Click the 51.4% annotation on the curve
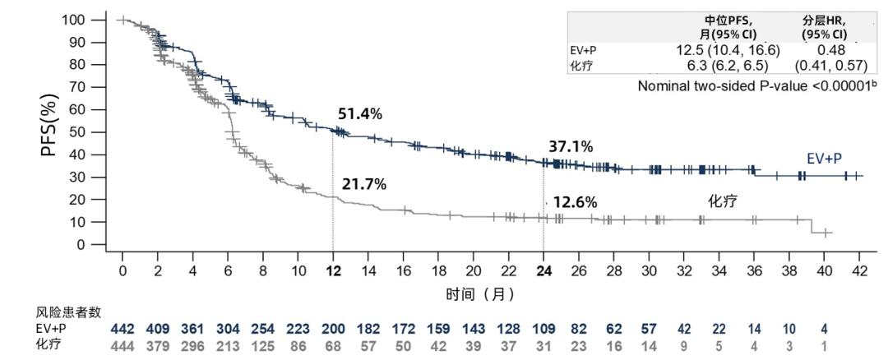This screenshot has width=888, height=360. (360, 114)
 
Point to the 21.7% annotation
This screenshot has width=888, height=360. (363, 184)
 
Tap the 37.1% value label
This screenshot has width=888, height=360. (571, 146)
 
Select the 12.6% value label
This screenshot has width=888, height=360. (575, 201)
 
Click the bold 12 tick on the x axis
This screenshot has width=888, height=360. (332, 272)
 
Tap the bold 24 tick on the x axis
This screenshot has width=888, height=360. (543, 272)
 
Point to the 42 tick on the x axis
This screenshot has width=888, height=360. (860, 272)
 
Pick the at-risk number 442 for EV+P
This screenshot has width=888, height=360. (123, 329)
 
